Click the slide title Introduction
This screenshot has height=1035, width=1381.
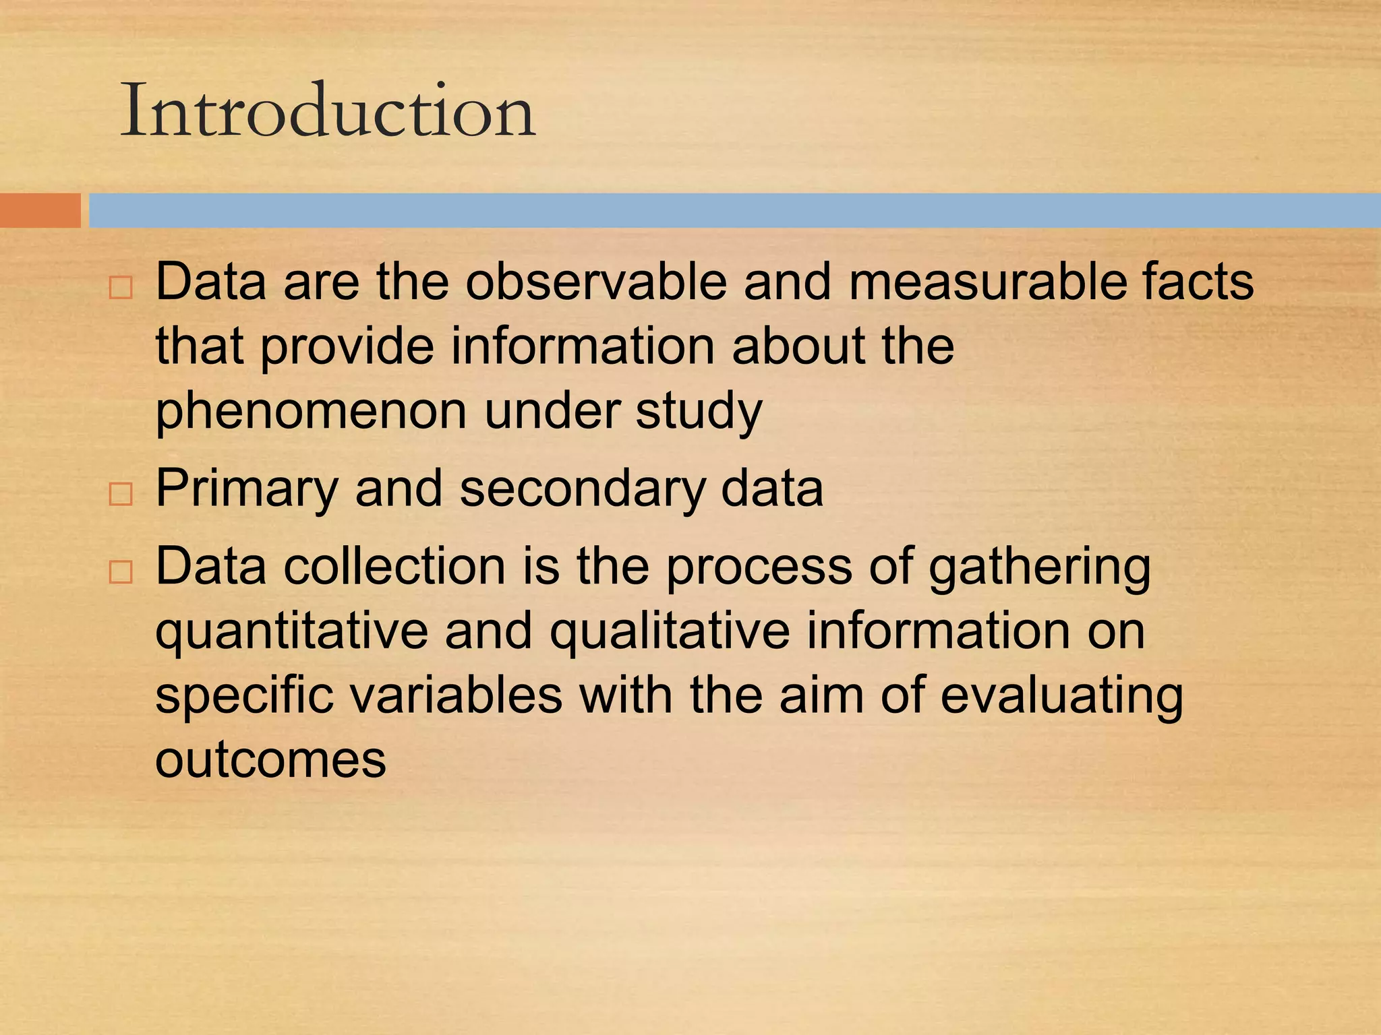click(328, 111)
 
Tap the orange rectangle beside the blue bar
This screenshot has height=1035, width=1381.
click(40, 210)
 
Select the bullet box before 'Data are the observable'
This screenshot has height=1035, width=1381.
click(121, 288)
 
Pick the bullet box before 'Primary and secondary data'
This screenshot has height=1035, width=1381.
click(121, 495)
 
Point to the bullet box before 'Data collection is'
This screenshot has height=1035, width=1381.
click(121, 572)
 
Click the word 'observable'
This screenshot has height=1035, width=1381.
click(596, 281)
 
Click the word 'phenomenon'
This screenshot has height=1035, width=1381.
click(311, 411)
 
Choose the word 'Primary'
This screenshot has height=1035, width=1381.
click(247, 489)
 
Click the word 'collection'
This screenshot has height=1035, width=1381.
click(394, 566)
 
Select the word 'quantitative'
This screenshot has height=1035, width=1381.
click(291, 632)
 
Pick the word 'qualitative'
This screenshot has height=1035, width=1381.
click(669, 632)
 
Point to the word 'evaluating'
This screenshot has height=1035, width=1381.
click(1061, 696)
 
